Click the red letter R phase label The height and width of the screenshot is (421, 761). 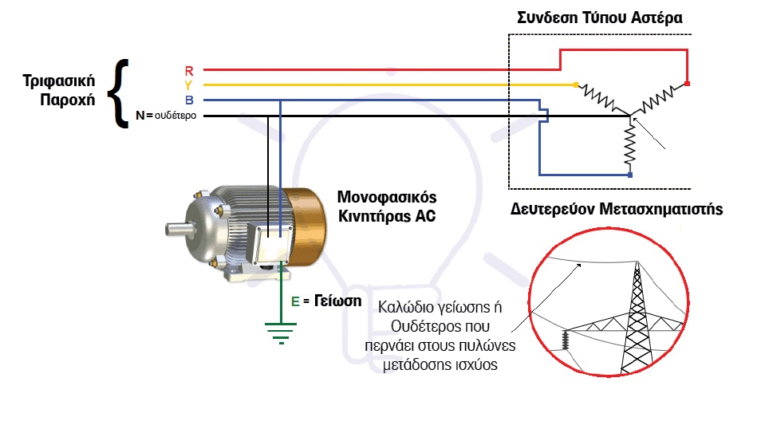coord(189,71)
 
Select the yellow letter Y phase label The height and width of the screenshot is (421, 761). coord(188,85)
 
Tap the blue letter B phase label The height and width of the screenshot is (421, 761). coord(189,100)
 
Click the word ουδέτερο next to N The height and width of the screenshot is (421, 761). coord(175,116)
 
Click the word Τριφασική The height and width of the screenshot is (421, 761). coord(59,81)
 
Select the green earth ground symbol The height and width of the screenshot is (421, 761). coord(281,332)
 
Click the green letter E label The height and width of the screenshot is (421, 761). coord(295,301)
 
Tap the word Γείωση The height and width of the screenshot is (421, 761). coord(337,301)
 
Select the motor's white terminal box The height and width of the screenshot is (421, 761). coord(274,245)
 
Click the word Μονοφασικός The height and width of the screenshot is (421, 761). coord(387,197)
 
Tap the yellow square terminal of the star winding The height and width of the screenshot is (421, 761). coord(576,85)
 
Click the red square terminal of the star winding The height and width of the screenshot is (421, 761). coord(688,84)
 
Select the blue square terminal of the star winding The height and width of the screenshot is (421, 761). coord(630,175)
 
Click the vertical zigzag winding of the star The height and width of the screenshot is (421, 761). coord(630,144)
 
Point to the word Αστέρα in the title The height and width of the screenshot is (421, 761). coord(657,18)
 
